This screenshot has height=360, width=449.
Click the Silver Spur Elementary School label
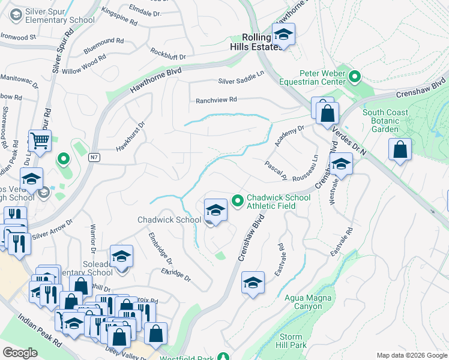53,16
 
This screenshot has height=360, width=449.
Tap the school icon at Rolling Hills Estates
283,35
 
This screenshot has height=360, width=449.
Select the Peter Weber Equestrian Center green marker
355,76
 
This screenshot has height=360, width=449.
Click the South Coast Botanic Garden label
385,121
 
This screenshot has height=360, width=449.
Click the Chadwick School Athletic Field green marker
237,200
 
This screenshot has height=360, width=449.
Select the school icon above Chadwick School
215,210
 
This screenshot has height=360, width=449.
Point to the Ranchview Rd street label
216,100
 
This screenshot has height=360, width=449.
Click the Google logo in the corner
20,353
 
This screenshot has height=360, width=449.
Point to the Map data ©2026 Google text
411,355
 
